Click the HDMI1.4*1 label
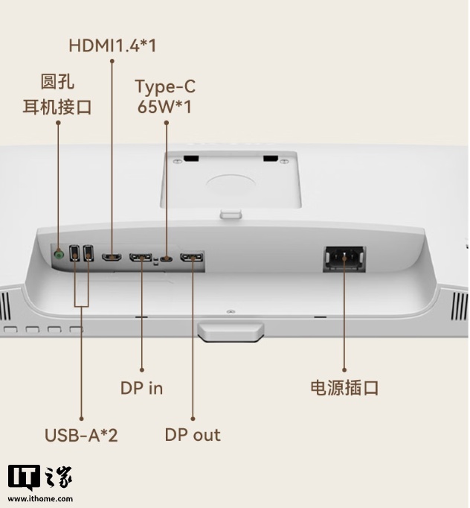point(112,45)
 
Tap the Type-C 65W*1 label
point(164,96)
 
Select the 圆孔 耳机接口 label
point(57,94)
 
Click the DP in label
point(141,387)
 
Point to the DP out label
point(193,435)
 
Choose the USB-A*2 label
point(81,435)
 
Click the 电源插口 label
point(344,387)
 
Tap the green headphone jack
point(59,254)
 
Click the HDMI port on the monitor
point(112,258)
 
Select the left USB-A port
point(74,254)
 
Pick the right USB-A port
point(87,254)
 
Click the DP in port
point(141,258)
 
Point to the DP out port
point(192,258)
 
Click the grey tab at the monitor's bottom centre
point(231,331)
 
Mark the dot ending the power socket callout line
point(344,369)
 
